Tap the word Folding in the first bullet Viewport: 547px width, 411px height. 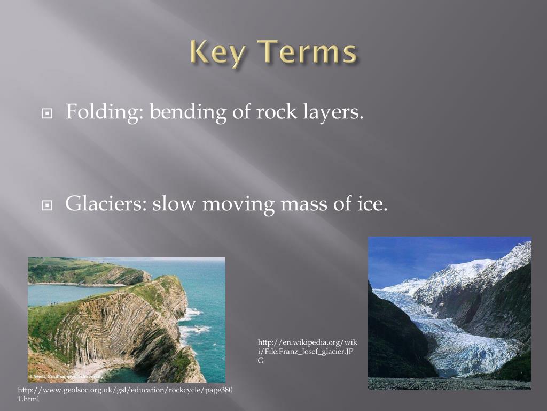tap(105, 112)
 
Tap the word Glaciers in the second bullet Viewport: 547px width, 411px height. tap(106, 204)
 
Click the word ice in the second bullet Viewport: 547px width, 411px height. tap(372, 204)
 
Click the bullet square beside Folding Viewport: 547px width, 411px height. tap(48, 114)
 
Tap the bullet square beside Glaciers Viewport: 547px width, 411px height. tap(48, 205)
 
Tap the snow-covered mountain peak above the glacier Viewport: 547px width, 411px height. tap(470, 268)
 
